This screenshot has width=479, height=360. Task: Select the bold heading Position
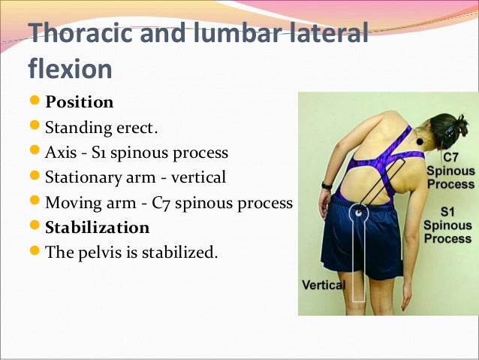[79, 101]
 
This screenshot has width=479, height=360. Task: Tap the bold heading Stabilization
[98, 227]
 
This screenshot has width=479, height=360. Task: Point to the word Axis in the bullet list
[60, 153]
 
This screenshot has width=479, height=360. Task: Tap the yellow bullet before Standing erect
[35, 127]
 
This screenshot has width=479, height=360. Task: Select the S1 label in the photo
[449, 211]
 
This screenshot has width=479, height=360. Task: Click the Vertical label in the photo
[323, 285]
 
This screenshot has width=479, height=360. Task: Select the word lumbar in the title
[240, 35]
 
